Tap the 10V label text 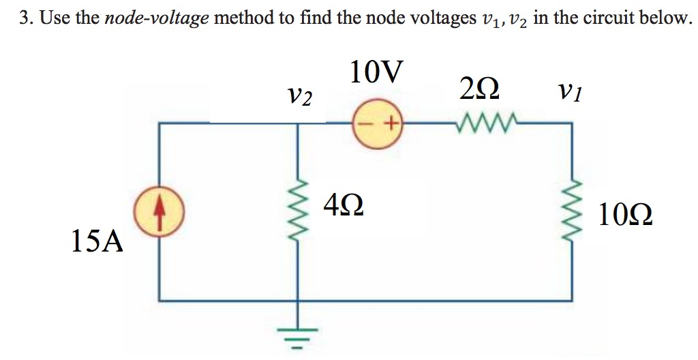click(x=376, y=72)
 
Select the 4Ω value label click(x=344, y=205)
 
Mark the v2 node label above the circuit click(x=299, y=96)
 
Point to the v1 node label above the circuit click(x=569, y=91)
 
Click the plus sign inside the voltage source click(x=391, y=125)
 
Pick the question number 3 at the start click(x=23, y=18)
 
